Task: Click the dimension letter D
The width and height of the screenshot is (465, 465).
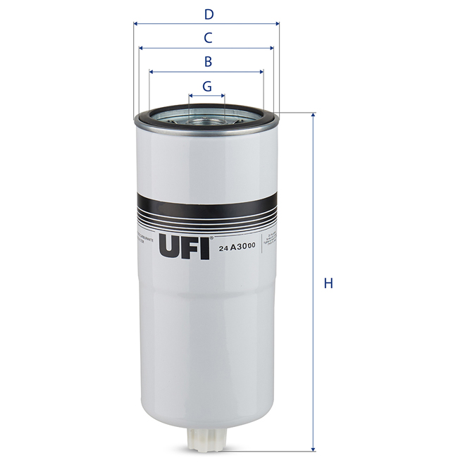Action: click(208, 13)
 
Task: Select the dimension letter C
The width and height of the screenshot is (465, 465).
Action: click(208, 37)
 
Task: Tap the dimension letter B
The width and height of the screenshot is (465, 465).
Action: click(208, 61)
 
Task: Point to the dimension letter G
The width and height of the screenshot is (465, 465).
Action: click(207, 86)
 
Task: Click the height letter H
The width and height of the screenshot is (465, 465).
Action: click(328, 283)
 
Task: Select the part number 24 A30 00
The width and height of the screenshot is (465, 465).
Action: click(237, 249)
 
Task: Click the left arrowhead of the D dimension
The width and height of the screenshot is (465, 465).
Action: click(135, 23)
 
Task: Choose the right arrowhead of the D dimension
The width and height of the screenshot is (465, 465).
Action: click(278, 23)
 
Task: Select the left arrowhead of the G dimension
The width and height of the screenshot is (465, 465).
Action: click(191, 94)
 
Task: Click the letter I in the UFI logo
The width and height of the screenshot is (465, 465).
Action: click(205, 247)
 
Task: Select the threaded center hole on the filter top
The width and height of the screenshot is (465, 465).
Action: click(207, 117)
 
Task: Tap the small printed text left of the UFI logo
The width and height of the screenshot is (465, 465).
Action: click(146, 240)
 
